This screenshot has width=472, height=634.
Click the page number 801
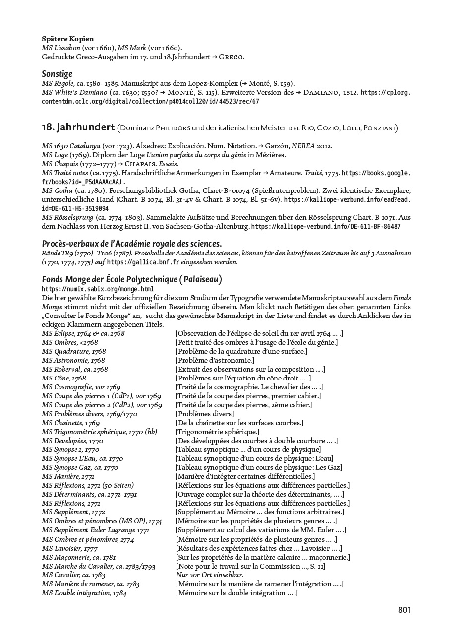[404, 610]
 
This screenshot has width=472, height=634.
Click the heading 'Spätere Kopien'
[68, 39]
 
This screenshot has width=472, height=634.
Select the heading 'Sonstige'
[58, 74]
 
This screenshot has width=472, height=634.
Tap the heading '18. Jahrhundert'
[78, 127]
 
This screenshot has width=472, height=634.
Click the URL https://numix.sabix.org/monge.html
[98, 289]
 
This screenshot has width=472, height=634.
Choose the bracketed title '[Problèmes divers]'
[204, 414]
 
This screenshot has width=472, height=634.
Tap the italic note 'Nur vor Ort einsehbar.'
[209, 575]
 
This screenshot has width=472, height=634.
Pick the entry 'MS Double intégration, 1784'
[84, 593]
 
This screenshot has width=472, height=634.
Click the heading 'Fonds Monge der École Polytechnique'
[132, 279]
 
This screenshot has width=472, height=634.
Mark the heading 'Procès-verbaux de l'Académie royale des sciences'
[131, 243]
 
